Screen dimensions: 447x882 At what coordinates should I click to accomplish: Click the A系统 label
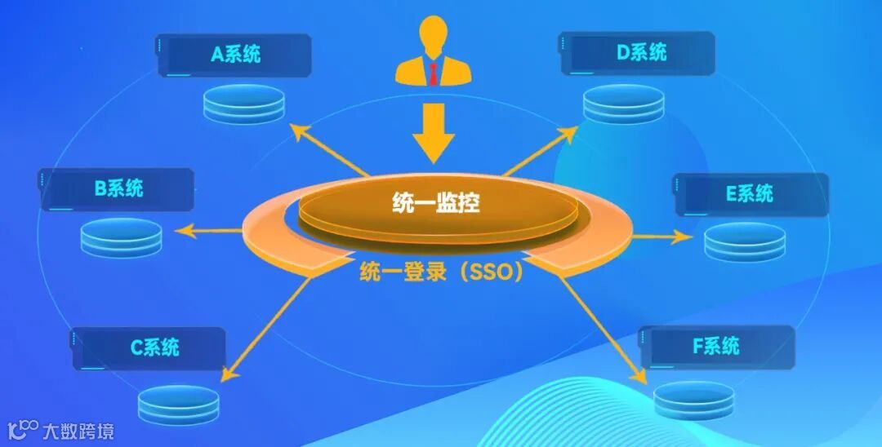tap(235, 55)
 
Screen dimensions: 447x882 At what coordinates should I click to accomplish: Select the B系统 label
tap(118, 189)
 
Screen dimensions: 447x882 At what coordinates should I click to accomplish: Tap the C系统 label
tap(154, 347)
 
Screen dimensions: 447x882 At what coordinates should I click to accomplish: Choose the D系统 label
tap(641, 53)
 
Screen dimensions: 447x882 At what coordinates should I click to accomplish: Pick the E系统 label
tap(749, 194)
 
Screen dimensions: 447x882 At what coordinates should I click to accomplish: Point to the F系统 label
tap(716, 346)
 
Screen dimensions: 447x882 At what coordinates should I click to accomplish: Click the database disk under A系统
tap(243, 104)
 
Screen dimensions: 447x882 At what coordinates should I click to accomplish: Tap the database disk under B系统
tap(121, 237)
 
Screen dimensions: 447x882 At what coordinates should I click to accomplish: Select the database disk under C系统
tap(178, 403)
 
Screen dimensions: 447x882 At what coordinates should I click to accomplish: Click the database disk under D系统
tap(623, 104)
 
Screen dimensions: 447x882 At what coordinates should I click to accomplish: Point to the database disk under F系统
tap(693, 399)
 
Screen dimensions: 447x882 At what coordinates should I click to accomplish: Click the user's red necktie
tap(433, 73)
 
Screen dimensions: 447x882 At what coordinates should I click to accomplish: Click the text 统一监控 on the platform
tap(434, 203)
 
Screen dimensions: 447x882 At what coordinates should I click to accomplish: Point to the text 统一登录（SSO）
tap(441, 272)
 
